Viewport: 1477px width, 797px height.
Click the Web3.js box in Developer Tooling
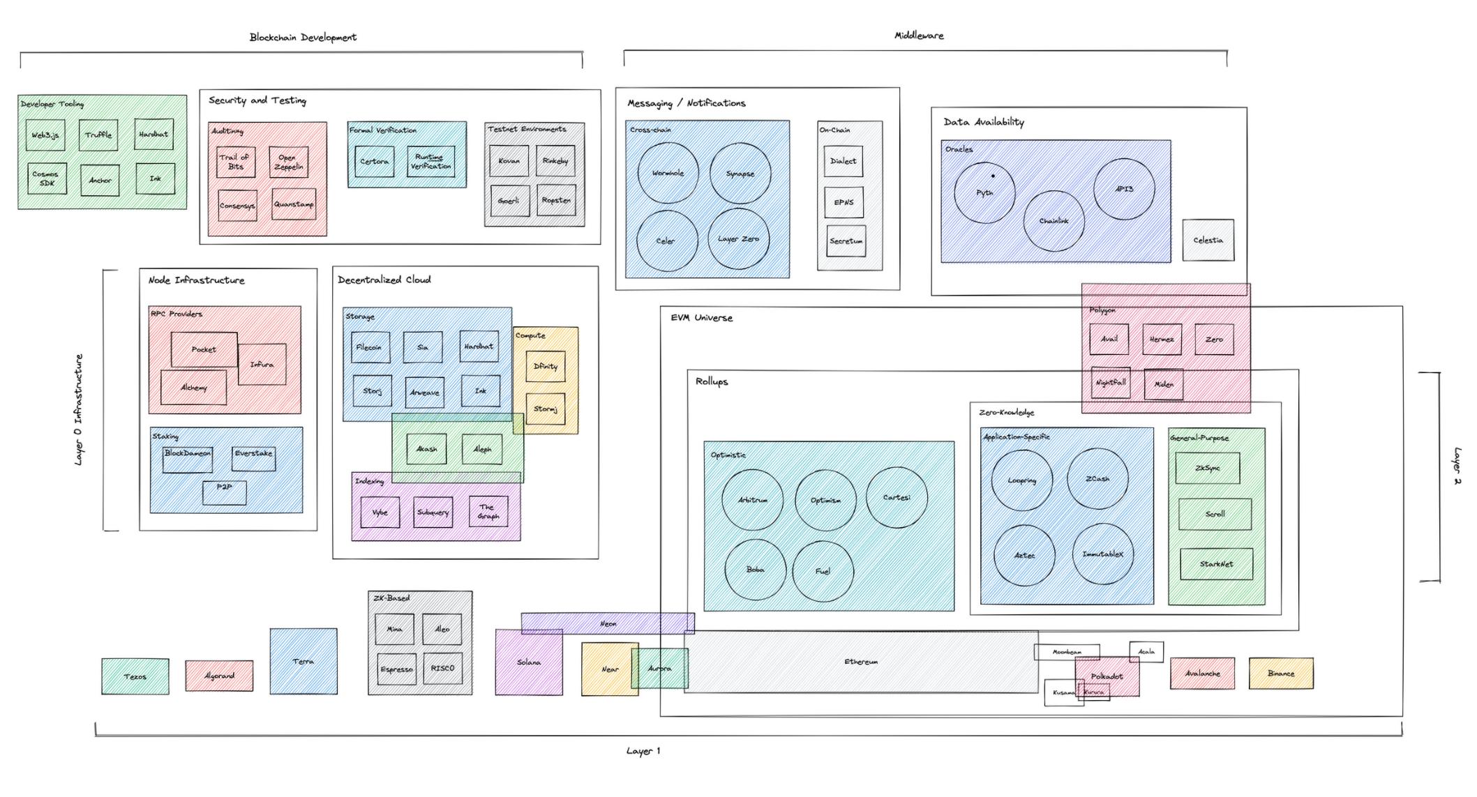pos(45,135)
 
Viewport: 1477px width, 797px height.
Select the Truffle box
pos(98,135)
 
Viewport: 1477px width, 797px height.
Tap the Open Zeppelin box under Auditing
pos(287,162)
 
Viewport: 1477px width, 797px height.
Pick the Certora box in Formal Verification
pos(375,161)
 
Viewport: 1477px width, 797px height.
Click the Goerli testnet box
pos(509,201)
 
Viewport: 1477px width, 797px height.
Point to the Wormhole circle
pos(668,173)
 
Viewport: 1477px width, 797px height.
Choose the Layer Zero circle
pos(738,239)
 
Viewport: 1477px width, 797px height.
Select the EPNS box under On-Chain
pos(844,202)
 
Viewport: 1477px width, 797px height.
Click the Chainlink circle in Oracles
pos(1054,221)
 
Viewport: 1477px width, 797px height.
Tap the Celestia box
pos(1208,240)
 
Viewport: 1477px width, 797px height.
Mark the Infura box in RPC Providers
pos(262,364)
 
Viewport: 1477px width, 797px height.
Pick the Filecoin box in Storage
pos(370,347)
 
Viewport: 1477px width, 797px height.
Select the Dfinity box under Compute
pos(546,366)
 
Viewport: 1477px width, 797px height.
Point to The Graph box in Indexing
pos(488,512)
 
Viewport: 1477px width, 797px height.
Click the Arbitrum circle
pos(753,500)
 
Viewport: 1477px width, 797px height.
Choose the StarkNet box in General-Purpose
pos(1216,564)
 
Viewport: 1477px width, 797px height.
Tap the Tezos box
pos(135,676)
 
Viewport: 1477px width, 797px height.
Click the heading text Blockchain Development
pos(303,37)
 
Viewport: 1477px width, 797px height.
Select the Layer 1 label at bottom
pos(643,751)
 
